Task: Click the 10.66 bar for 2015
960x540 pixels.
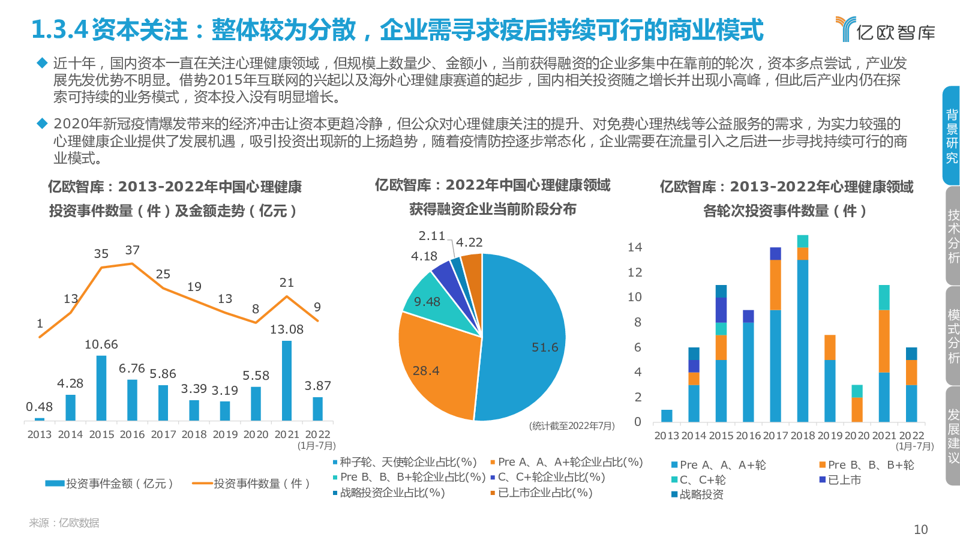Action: tap(101, 388)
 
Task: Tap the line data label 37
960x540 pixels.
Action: tap(133, 250)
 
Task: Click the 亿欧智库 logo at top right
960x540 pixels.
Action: tap(886, 29)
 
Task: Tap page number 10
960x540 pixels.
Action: tap(920, 529)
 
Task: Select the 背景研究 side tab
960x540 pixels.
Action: tap(952, 136)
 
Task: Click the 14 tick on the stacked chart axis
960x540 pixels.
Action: tap(635, 247)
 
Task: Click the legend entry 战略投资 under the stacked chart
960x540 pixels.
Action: tap(701, 494)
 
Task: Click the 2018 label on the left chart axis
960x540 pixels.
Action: tap(194, 434)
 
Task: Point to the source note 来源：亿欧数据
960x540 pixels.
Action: tap(64, 523)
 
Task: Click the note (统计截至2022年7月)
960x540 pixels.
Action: tap(572, 426)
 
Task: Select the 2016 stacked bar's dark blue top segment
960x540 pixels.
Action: tap(748, 316)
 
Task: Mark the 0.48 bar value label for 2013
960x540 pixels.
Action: tap(40, 407)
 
